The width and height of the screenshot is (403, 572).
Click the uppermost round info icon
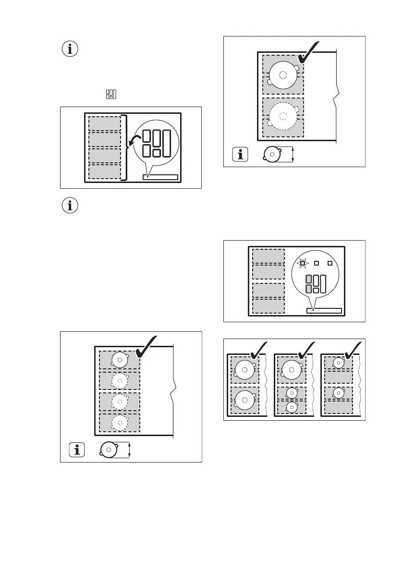click(x=71, y=49)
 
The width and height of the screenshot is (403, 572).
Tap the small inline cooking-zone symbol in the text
click(x=111, y=94)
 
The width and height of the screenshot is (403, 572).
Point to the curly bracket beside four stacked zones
click(x=126, y=147)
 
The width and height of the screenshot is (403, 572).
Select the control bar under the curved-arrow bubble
click(x=160, y=177)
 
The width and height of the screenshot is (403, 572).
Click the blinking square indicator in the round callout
click(x=303, y=263)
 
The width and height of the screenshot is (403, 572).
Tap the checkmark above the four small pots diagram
click(x=147, y=347)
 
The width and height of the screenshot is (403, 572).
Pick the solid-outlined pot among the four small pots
click(x=119, y=359)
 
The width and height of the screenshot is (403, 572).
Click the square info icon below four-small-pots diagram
click(x=77, y=450)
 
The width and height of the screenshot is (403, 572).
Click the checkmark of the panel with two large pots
click(x=258, y=349)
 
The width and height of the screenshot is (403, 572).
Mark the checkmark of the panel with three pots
click(x=305, y=349)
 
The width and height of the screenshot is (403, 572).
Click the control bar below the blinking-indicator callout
click(x=324, y=311)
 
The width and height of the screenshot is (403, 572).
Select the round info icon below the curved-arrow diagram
click(x=71, y=206)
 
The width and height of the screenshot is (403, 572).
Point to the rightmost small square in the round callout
click(x=330, y=263)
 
